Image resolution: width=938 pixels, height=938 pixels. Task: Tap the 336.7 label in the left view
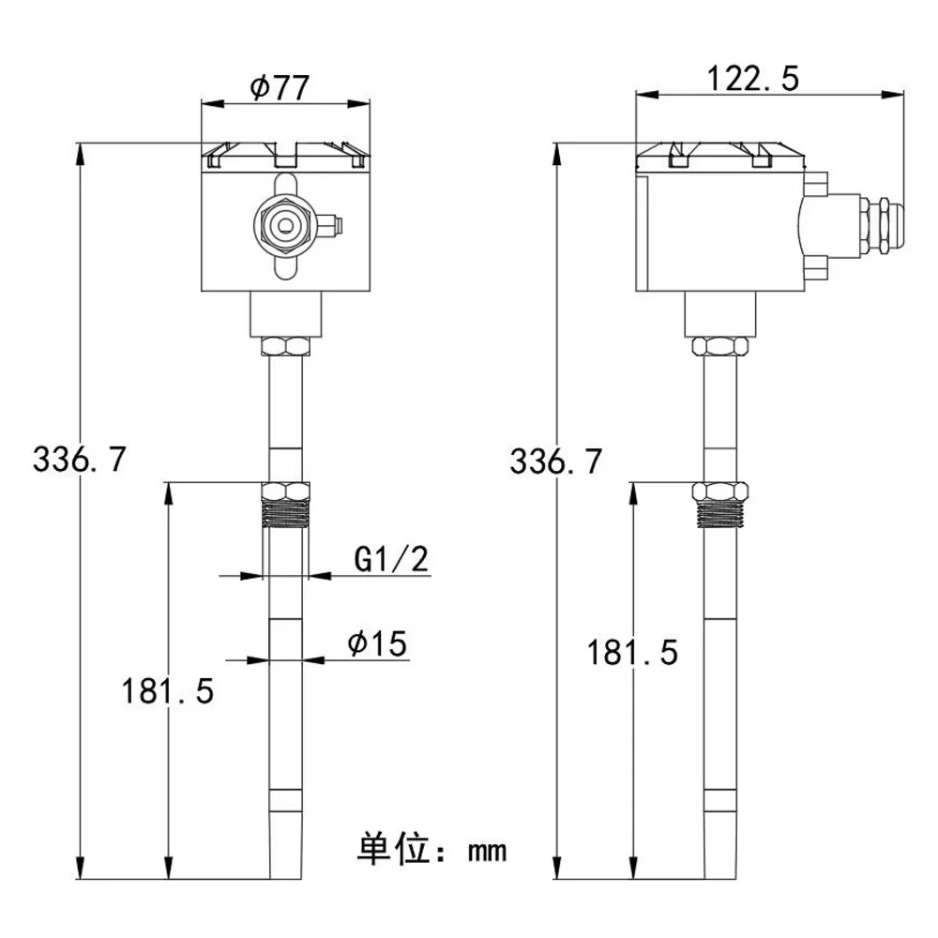(x=79, y=460)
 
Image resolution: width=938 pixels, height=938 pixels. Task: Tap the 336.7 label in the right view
(x=556, y=460)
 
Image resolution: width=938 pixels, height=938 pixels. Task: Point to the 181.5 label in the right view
(x=632, y=651)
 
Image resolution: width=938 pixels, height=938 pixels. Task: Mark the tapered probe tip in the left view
(x=285, y=849)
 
